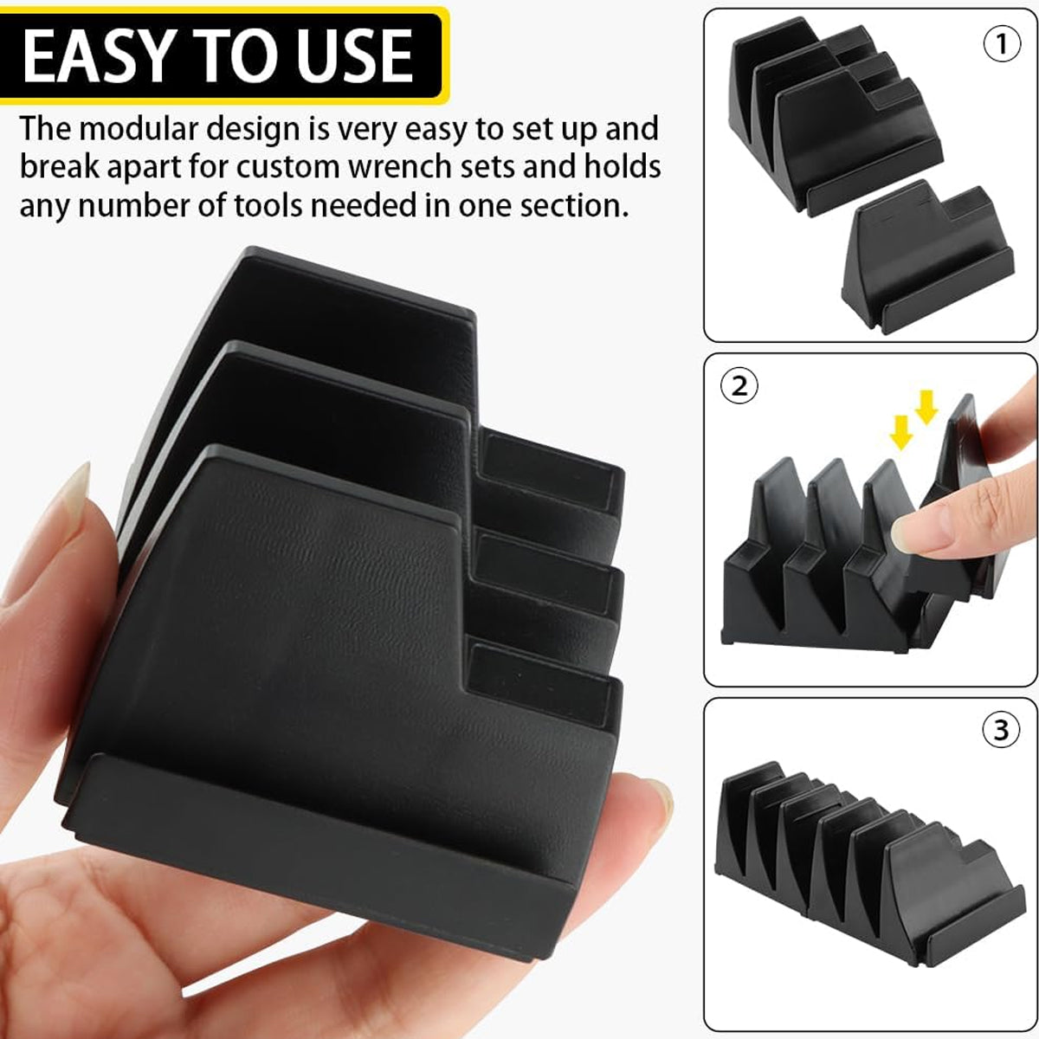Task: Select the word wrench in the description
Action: (x=402, y=168)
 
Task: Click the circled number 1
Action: (x=1004, y=43)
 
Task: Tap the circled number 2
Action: (x=739, y=386)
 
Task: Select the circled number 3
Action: (x=1001, y=730)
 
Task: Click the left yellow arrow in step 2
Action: (x=902, y=428)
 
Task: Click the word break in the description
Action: (x=61, y=168)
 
